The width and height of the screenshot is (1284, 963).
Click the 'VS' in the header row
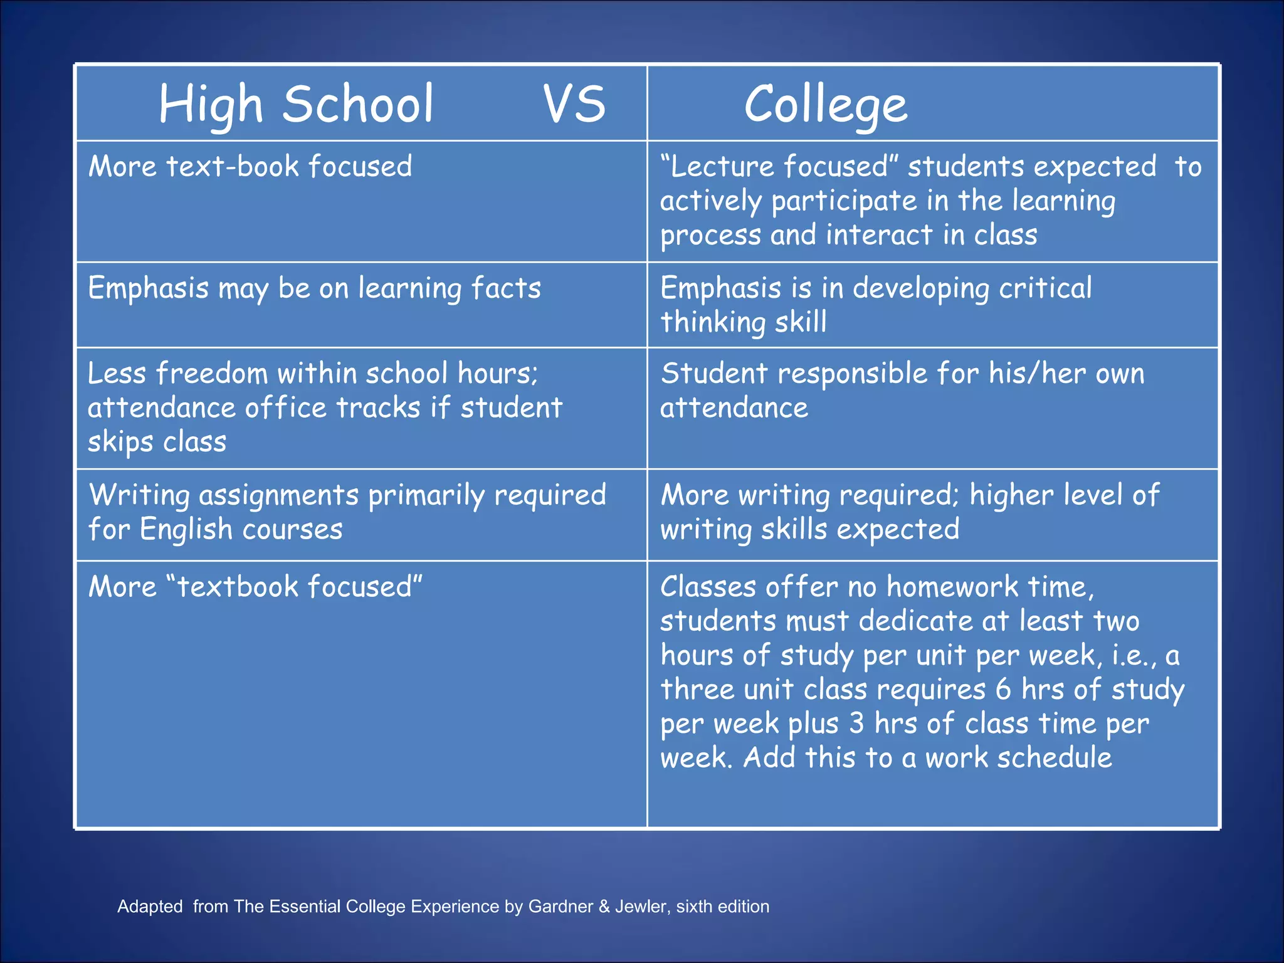(x=574, y=104)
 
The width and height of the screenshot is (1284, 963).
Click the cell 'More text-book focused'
(x=250, y=167)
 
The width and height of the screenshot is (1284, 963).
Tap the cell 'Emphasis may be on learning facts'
(x=314, y=289)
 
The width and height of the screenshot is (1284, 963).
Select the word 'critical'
(x=1045, y=288)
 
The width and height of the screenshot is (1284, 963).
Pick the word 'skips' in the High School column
(x=120, y=443)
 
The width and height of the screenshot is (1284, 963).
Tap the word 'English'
(x=186, y=530)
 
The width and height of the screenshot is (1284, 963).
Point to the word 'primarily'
(x=426, y=495)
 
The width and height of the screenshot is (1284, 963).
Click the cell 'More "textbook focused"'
(x=255, y=587)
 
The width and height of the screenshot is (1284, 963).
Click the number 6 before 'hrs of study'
(x=1003, y=690)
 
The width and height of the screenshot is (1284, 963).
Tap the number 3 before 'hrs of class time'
(x=856, y=724)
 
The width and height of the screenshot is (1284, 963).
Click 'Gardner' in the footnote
(x=559, y=907)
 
